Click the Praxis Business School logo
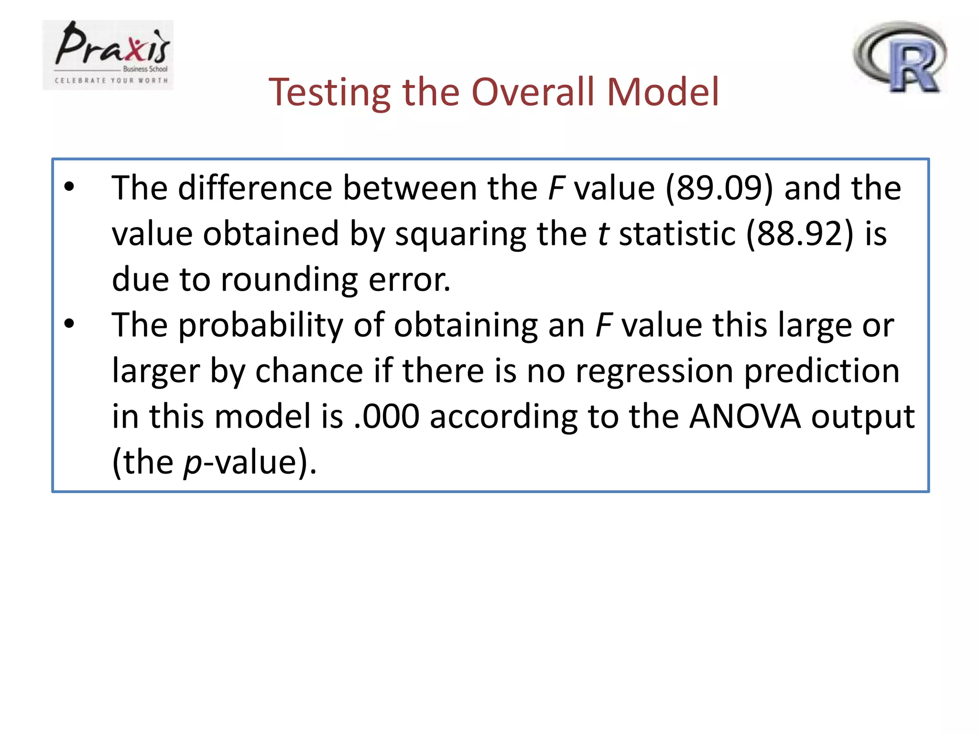pyautogui.click(x=108, y=55)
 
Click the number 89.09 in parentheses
pyautogui.click(x=719, y=188)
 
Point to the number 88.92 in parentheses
pyautogui.click(x=800, y=234)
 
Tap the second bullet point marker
pyautogui.click(x=70, y=324)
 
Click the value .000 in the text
pyautogui.click(x=386, y=416)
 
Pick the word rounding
pyautogui.click(x=289, y=279)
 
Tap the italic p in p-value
pyautogui.click(x=193, y=464)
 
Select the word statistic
pyautogui.click(x=677, y=234)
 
